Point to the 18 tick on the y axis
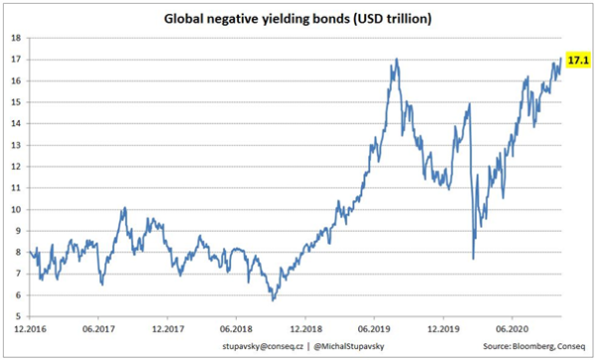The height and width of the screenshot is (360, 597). click(x=16, y=38)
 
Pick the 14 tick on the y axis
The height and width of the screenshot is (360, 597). click(x=16, y=123)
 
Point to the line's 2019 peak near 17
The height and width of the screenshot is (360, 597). click(x=397, y=59)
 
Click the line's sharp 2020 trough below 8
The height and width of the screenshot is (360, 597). click(x=473, y=260)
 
